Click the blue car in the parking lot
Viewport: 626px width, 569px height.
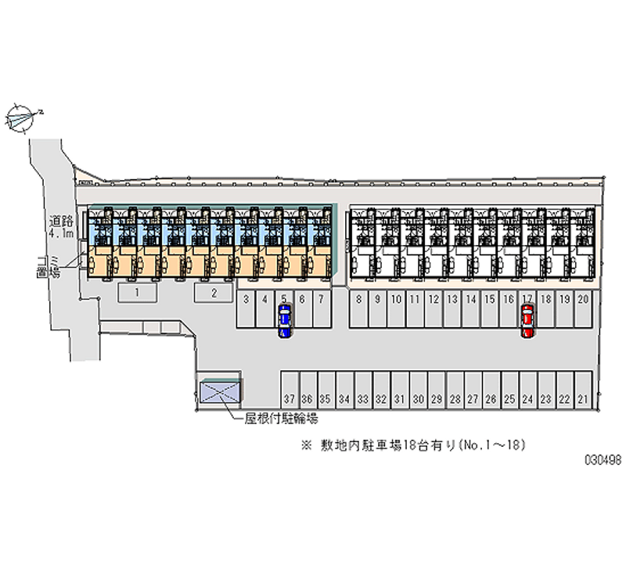(285, 320)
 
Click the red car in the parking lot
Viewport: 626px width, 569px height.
(527, 320)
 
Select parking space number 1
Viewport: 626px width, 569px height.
(138, 293)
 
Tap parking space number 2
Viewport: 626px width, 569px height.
(214, 293)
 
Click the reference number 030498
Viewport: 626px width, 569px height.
(603, 461)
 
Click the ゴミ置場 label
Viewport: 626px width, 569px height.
(54, 266)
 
